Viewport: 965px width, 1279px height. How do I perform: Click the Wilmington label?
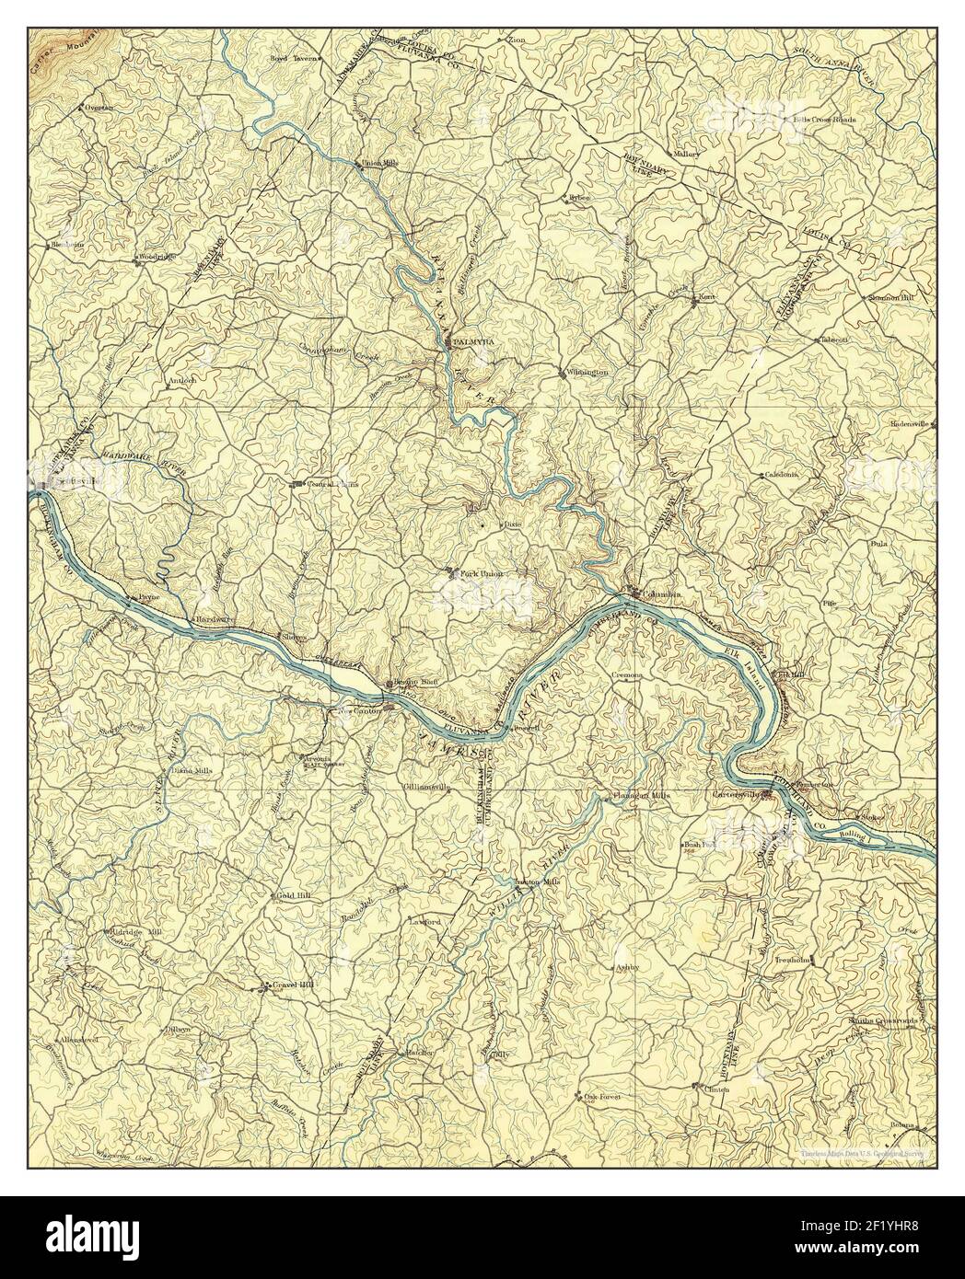(x=587, y=373)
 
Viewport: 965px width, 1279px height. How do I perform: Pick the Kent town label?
(x=707, y=297)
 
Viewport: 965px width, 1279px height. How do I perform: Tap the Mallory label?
(x=687, y=154)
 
